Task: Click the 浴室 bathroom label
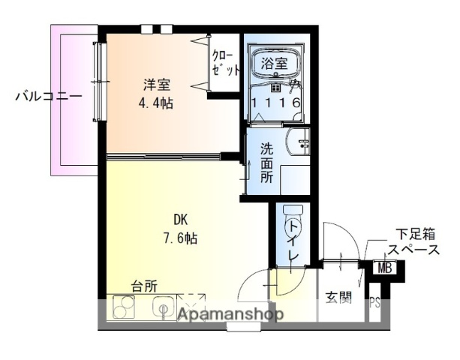click(x=274, y=64)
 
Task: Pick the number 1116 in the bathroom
click(x=275, y=103)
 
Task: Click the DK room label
click(x=181, y=220)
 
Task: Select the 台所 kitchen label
click(x=144, y=286)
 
